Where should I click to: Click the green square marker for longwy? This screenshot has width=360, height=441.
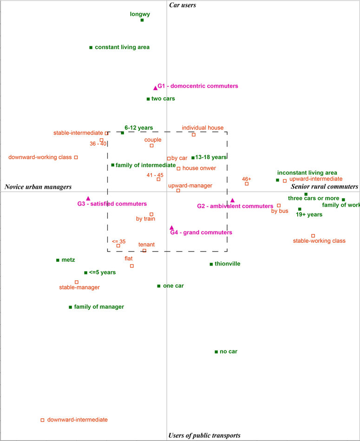(x=142, y=20)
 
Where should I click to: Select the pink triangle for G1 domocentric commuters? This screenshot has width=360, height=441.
(x=155, y=88)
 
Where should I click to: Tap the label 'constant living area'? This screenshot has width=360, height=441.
(x=122, y=47)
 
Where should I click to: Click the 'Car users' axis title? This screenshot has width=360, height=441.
(x=183, y=5)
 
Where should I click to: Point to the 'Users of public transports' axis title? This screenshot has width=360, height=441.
(x=204, y=435)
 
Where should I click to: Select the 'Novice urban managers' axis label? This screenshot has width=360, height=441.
(x=38, y=187)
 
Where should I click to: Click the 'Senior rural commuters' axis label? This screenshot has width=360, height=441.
(x=325, y=187)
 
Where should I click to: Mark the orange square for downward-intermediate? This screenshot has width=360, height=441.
(x=42, y=420)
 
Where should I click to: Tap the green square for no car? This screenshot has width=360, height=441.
(x=216, y=352)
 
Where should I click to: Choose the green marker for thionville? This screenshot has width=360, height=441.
(x=211, y=264)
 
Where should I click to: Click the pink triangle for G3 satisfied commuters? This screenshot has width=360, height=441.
(x=88, y=198)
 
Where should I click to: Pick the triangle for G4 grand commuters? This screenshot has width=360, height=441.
(x=172, y=227)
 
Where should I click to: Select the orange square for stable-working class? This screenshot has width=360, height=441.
(x=313, y=236)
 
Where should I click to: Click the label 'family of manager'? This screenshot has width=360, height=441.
(x=99, y=306)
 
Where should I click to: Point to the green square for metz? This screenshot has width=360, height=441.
(x=58, y=260)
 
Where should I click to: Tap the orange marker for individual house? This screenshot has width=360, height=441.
(x=194, y=135)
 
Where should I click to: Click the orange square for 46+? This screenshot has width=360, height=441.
(x=247, y=184)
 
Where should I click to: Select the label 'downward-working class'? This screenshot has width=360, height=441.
(x=40, y=157)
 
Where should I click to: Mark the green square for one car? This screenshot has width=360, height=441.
(x=159, y=286)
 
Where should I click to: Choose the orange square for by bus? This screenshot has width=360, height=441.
(x=279, y=206)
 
